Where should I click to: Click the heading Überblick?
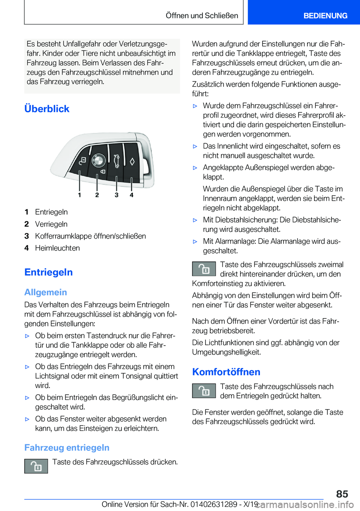coord(47,109)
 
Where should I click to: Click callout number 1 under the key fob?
coord(79,195)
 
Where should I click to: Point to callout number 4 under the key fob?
coord(132,195)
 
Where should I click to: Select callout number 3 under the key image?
coord(117,195)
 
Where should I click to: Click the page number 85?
coord(342,494)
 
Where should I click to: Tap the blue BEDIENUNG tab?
coord(325,16)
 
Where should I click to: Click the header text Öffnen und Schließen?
coord(202,16)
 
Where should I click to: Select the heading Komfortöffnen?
coord(226,372)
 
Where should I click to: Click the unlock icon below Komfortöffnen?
coord(204,391)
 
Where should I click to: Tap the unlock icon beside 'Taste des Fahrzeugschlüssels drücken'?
coord(36,466)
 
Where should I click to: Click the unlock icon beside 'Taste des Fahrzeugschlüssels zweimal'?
coord(204,269)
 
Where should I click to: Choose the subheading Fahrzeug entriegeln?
coord(67,448)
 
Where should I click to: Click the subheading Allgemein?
coord(46,292)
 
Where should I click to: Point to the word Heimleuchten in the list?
coord(57,248)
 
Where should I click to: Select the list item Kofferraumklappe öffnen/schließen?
coord(90,236)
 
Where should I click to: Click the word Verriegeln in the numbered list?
coord(51,224)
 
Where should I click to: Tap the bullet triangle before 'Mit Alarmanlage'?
coord(195,242)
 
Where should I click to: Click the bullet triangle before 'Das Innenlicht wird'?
coord(195,146)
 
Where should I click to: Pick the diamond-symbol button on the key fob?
coord(132,161)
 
